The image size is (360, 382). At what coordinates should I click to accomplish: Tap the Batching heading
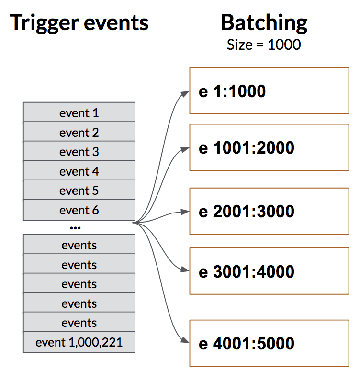[x=264, y=22]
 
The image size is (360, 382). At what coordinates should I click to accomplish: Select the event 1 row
[x=79, y=113]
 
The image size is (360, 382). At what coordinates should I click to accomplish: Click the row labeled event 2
[x=79, y=133]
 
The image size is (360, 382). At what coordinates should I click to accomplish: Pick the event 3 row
[x=79, y=152]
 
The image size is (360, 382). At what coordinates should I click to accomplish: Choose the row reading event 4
[x=79, y=171]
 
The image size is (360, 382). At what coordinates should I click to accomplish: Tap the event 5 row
[x=79, y=191]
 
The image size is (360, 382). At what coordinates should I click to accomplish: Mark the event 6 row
[x=79, y=210]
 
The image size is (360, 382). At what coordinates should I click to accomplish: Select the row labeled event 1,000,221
[x=79, y=343]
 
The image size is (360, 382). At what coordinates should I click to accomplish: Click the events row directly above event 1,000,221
[x=79, y=323]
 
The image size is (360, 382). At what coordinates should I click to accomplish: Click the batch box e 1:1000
[x=269, y=91]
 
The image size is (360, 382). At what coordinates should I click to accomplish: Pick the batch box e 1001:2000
[x=269, y=147]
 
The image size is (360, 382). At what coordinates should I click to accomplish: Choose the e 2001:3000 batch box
[x=269, y=211]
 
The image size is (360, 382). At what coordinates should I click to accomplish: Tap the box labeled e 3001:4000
[x=269, y=271]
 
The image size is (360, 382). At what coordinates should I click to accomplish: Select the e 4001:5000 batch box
[x=269, y=343]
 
